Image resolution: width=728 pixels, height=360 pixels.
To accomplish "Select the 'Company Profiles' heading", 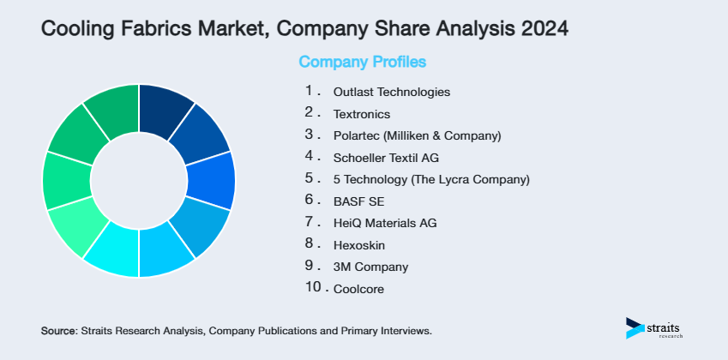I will point(362,62).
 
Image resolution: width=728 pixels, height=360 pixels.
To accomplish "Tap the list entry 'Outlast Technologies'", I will point(391,92).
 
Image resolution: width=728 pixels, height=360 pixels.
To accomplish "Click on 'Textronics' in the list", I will point(362,114).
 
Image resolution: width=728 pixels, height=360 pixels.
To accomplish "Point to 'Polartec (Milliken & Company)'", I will point(417,135).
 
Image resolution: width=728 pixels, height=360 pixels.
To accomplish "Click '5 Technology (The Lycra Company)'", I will point(431,180).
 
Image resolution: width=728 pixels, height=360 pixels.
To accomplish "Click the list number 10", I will point(314,288).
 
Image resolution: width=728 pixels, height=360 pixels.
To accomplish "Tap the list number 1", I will point(310,90).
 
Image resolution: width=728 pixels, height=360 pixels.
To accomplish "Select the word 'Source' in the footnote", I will point(58,330).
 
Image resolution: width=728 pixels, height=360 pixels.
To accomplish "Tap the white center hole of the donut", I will point(139,181).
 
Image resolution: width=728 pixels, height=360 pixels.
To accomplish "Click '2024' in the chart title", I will point(539,29).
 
